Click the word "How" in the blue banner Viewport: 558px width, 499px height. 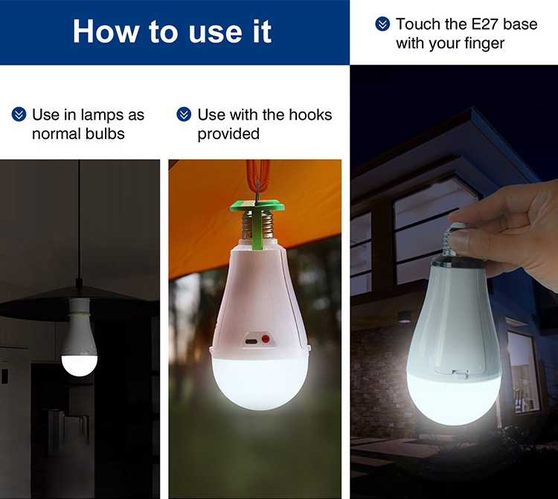106,31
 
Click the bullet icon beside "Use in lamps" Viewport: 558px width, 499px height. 19,115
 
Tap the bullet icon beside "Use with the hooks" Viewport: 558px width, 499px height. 184,115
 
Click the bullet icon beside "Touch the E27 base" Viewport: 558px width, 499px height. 382,25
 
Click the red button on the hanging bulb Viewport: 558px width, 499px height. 266,339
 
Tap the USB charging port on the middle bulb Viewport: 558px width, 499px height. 251,342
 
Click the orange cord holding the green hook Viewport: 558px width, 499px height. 258,177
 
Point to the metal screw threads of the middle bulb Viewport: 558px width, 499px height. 257,225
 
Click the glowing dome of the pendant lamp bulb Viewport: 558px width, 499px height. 80,365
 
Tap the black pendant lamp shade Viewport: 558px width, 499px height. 79,304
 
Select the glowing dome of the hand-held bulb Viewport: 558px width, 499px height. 453,397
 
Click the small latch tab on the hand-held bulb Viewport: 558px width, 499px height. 460,374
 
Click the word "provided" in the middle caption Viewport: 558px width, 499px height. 228,134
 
